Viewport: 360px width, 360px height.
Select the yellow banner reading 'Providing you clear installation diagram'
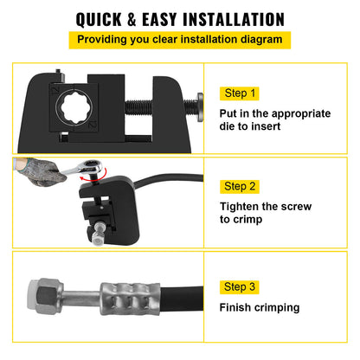[179, 40]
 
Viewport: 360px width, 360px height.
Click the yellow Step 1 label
[241, 93]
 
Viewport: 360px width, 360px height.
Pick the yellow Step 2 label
[241, 186]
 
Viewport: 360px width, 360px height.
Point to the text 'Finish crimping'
[259, 307]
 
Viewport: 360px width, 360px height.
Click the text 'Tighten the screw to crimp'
[262, 214]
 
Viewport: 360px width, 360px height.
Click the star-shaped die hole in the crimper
[74, 112]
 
